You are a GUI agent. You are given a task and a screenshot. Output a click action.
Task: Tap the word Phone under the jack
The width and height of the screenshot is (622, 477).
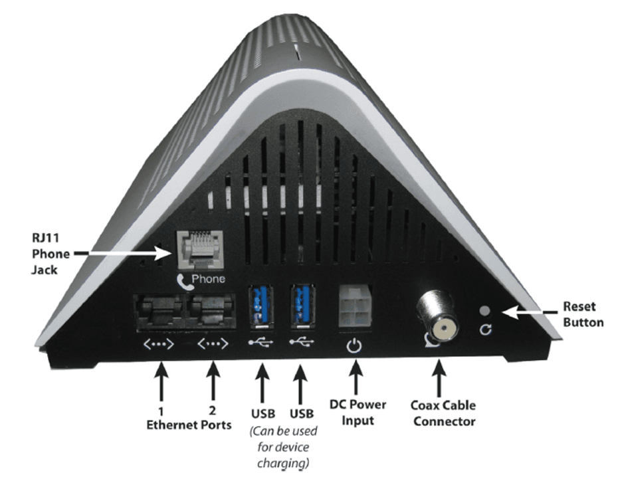(208, 279)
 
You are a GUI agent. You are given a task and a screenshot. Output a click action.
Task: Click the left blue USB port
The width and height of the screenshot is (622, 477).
(259, 306)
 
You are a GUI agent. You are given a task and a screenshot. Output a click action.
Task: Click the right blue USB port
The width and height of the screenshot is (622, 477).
(302, 306)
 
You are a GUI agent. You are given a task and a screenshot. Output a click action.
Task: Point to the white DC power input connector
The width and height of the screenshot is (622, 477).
(356, 308)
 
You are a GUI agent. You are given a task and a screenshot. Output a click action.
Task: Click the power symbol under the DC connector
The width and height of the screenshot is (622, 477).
(356, 345)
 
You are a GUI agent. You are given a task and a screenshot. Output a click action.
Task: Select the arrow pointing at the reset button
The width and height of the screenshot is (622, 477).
(525, 310)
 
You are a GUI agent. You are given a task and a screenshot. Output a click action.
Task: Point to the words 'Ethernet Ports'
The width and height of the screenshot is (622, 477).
(189, 424)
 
